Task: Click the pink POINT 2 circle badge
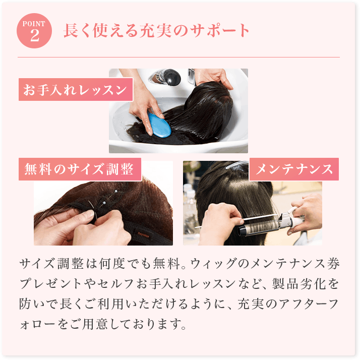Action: [x=34, y=31]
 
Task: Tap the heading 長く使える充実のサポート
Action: [x=156, y=31]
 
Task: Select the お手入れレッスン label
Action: [x=76, y=90]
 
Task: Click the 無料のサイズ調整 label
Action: [x=80, y=169]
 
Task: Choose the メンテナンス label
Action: [x=294, y=169]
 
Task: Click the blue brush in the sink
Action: [x=159, y=125]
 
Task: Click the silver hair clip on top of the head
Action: [x=236, y=164]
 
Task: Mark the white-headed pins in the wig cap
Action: [x=110, y=197]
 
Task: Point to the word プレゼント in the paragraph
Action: [x=50, y=284]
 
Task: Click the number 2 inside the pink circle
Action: [x=35, y=35]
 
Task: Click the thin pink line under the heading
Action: [x=178, y=57]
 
